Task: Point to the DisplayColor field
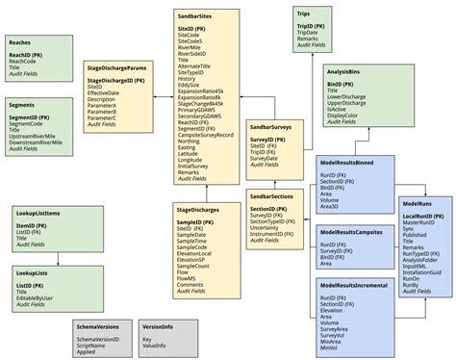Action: click(350, 116)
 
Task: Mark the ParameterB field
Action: click(105, 113)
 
